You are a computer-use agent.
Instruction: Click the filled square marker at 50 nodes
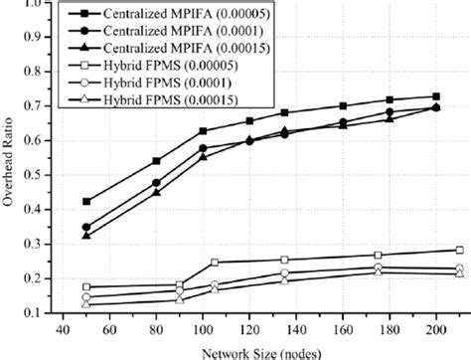pos(85,201)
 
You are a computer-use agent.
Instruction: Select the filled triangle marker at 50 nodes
pos(85,236)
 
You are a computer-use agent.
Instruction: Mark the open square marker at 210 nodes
pos(460,250)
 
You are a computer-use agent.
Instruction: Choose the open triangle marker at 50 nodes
pos(85,303)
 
